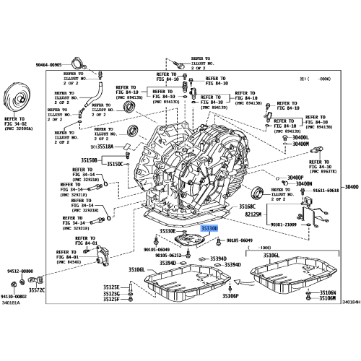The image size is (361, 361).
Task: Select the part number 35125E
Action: (x=110, y=287)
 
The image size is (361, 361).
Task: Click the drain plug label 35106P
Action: (x=230, y=297)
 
